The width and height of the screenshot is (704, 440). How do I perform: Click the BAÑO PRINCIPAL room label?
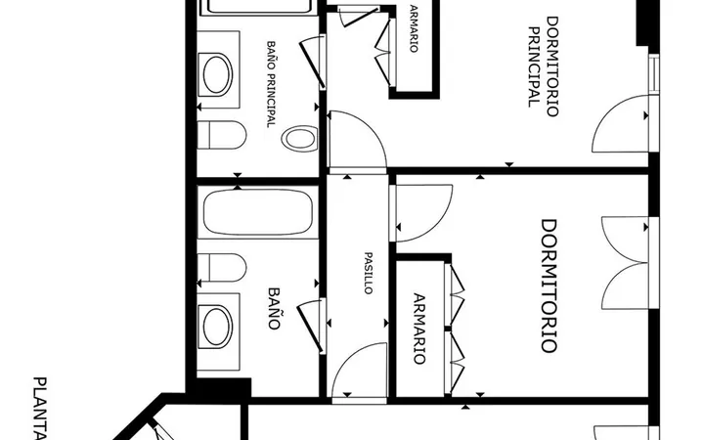pyautogui.click(x=271, y=84)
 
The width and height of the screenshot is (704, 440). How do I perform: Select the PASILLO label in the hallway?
pyautogui.click(x=369, y=273)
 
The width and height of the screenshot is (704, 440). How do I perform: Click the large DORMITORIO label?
pyautogui.click(x=549, y=286)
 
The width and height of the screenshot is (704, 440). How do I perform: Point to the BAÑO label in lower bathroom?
pyautogui.click(x=275, y=308)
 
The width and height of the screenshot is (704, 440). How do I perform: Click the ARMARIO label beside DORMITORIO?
pyautogui.click(x=418, y=329)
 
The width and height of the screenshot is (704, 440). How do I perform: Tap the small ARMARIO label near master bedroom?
pyautogui.click(x=414, y=28)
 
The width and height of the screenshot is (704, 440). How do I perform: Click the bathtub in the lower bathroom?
pyautogui.click(x=258, y=212)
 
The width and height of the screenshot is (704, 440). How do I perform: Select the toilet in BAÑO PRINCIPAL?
pyautogui.click(x=222, y=135)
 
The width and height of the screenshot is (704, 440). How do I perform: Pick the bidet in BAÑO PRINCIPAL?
pyautogui.click(x=299, y=138)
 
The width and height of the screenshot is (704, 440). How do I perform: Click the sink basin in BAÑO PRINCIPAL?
pyautogui.click(x=217, y=74)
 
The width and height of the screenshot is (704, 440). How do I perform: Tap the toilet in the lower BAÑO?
pyautogui.click(x=222, y=268)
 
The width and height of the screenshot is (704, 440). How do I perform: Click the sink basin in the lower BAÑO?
pyautogui.click(x=217, y=327)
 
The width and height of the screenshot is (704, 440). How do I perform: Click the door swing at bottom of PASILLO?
pyautogui.click(x=359, y=370)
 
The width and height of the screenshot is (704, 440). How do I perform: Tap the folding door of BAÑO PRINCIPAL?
pyautogui.click(x=314, y=62)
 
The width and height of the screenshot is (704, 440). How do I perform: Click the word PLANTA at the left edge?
pyautogui.click(x=40, y=409)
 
